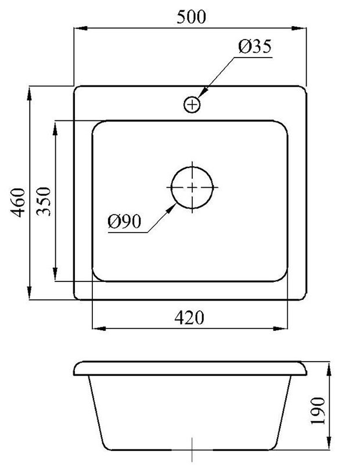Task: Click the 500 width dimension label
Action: (191, 17)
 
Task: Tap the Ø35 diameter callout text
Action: (255, 46)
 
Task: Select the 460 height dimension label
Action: (17, 202)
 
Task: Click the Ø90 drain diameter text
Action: (124, 221)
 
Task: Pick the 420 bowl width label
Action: (189, 318)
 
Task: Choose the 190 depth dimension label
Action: (318, 411)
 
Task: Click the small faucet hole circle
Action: (192, 105)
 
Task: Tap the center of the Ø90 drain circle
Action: (192, 187)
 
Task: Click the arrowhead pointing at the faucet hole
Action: (203, 92)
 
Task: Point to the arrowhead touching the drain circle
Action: (170, 209)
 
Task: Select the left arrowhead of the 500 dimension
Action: (81, 28)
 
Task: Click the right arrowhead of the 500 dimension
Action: (298, 28)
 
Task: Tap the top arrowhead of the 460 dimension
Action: (29, 94)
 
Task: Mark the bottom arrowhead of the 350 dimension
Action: (55, 274)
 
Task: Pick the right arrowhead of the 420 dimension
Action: (280, 328)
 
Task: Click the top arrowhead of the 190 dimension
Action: (329, 369)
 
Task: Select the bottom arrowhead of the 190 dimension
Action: (329, 443)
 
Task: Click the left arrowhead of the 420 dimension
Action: (99, 328)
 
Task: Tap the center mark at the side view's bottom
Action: (192, 450)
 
